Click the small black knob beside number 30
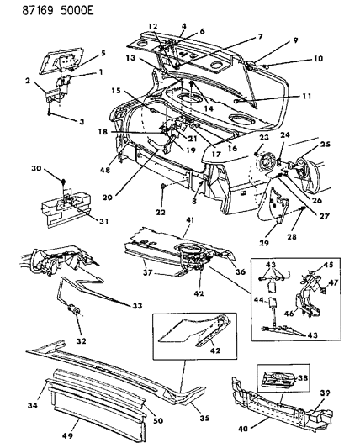click(x=65, y=180)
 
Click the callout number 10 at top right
click(x=294, y=59)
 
